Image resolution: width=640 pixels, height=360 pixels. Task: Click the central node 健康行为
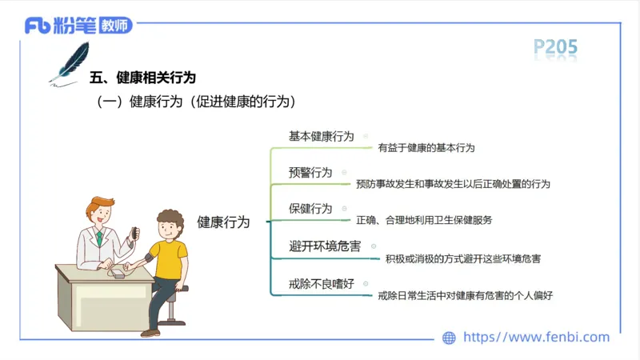(223, 222)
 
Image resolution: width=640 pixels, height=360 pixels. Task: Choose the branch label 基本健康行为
(321, 136)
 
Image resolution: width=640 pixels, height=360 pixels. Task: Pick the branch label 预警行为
(310, 173)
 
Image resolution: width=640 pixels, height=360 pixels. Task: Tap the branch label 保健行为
(310, 209)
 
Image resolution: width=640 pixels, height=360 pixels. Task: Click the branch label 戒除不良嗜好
(321, 283)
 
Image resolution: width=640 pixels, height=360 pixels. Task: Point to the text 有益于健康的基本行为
(426, 148)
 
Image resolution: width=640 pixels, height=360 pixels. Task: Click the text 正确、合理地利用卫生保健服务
(424, 220)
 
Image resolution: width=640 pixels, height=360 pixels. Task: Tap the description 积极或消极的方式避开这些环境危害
(462, 258)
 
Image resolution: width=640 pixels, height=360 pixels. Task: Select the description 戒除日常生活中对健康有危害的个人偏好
(466, 295)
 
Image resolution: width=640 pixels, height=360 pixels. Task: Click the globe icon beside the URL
(449, 338)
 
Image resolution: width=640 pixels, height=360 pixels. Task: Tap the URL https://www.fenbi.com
(537, 337)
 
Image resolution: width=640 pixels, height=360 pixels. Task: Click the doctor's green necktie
(99, 237)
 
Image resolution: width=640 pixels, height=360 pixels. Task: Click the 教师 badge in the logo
(116, 26)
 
